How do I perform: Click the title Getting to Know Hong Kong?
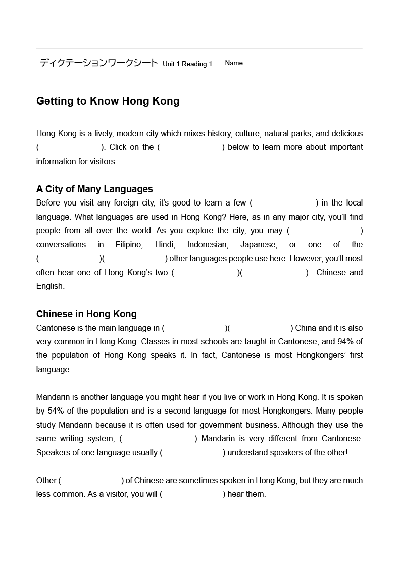(x=108, y=101)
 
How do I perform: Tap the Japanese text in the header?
(x=98, y=63)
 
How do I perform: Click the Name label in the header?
(x=234, y=63)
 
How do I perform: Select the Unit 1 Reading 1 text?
(x=187, y=64)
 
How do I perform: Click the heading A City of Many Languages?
(x=94, y=189)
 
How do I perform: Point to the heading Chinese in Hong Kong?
(x=86, y=314)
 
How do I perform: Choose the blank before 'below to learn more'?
(x=191, y=147)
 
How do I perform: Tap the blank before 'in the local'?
(x=283, y=203)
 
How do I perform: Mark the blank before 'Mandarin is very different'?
(x=158, y=439)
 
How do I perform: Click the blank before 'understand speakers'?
(x=192, y=452)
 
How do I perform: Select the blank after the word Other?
(x=91, y=480)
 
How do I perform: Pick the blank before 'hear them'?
(x=192, y=494)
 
